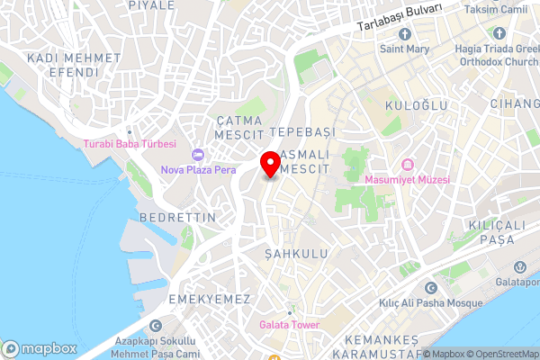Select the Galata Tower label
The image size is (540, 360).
(288, 324)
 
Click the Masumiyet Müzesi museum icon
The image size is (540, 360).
(408, 165)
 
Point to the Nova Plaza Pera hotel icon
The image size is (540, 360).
(197, 156)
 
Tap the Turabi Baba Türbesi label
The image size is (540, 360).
(130, 144)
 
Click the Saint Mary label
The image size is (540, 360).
(402, 49)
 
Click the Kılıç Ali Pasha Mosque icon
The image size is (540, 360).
(431, 288)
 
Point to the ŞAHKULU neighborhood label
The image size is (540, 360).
(296, 255)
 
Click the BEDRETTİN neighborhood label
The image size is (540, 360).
(178, 218)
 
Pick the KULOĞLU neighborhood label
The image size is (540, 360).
(416, 105)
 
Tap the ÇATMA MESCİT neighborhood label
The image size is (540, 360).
(238, 127)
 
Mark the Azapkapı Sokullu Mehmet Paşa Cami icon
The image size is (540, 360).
(156, 326)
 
